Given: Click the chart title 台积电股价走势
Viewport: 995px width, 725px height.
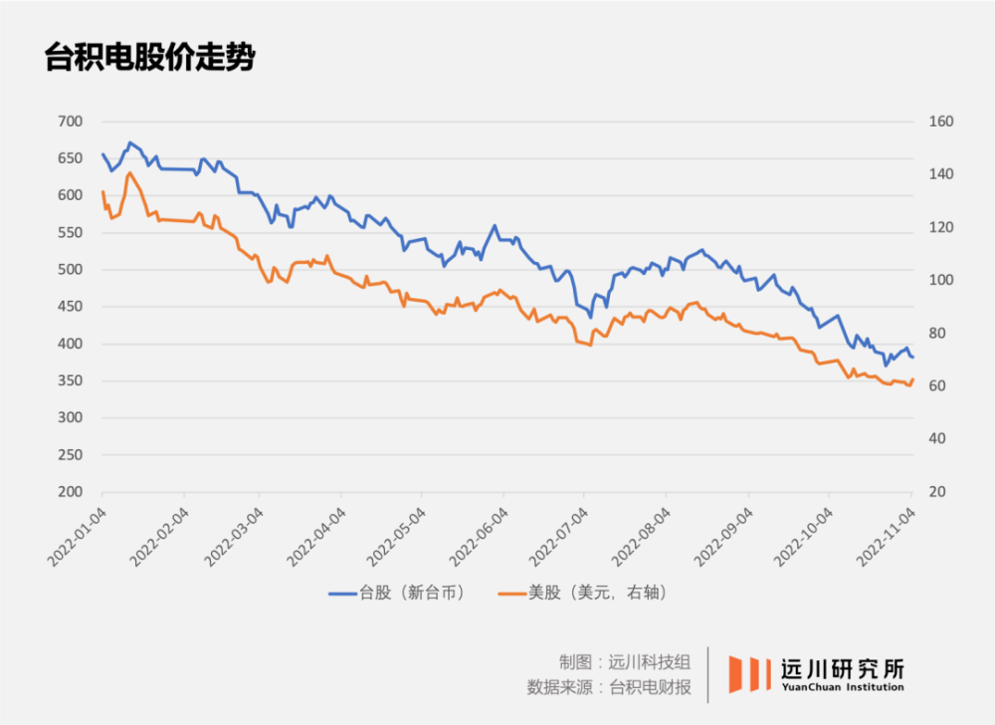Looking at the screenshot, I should pos(150,57).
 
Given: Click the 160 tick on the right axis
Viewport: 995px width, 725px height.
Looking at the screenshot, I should pos(941,121).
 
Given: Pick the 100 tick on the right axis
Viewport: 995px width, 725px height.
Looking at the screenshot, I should pos(941,281).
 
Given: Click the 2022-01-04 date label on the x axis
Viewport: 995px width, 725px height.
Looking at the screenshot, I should pos(77,538).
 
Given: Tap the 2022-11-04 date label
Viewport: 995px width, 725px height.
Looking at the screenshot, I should pos(887,538).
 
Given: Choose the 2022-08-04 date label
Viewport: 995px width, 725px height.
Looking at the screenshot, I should pos(642,538).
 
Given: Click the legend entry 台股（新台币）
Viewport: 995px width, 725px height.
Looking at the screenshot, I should pos(398,593).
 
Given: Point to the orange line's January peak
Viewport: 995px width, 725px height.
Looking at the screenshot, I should pos(129,173).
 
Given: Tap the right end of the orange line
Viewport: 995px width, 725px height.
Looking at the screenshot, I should pos(912,378).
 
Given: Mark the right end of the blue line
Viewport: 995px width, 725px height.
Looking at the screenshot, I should pos(912,357).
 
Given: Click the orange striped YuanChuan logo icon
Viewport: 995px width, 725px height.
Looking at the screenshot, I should pos(748,674).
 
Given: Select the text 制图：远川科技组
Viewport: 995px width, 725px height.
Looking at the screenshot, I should pos(624,662).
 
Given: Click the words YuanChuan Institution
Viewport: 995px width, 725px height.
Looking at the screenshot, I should pos(843,687).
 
